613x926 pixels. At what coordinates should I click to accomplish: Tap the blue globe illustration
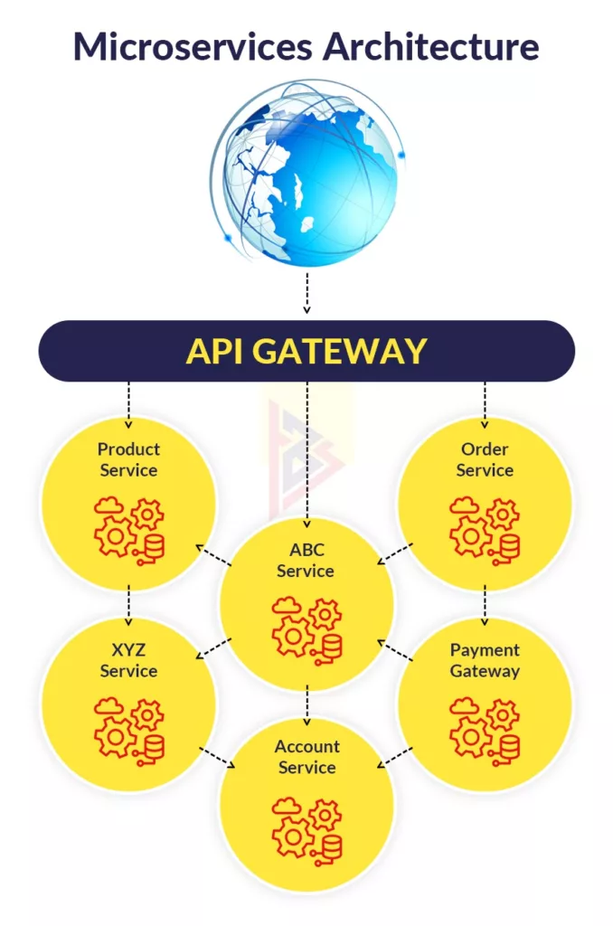(x=307, y=175)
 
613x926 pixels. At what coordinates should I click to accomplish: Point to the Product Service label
(x=128, y=459)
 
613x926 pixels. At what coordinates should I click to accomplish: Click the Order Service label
(x=485, y=459)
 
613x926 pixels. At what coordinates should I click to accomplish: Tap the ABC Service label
(x=306, y=560)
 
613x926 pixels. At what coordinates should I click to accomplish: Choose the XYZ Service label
(x=128, y=660)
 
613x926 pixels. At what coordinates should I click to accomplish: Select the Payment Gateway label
(x=485, y=660)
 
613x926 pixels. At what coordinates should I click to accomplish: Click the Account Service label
(x=306, y=757)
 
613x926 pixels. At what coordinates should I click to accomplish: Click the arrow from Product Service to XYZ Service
(x=128, y=605)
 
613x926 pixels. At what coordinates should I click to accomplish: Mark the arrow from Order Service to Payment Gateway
(x=485, y=605)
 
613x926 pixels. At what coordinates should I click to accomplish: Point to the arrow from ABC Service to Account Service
(x=307, y=705)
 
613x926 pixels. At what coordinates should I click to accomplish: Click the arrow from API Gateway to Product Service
(x=128, y=404)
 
